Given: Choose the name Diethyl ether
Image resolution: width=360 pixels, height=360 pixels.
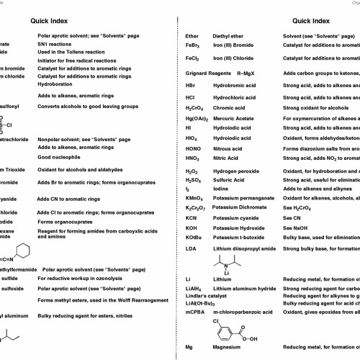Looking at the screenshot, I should [230, 35].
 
